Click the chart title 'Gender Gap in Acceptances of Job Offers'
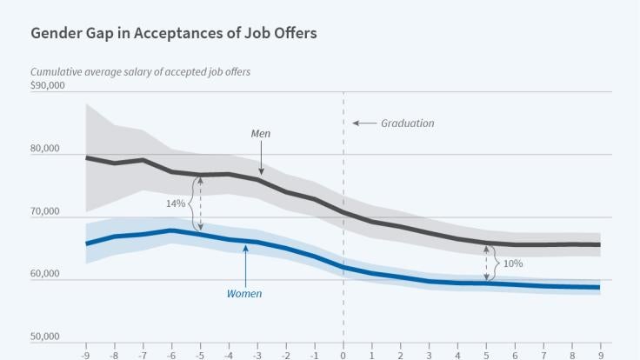(174, 33)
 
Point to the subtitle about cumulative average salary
(140, 71)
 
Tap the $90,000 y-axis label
(48, 85)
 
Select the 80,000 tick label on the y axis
(45, 149)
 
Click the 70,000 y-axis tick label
(45, 211)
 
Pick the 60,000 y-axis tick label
(45, 274)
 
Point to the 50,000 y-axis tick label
(45, 337)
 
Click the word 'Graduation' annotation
(407, 123)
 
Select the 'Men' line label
(260, 135)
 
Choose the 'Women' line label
(244, 294)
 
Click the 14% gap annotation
(176, 203)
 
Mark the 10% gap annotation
(513, 263)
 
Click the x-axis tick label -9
(85, 354)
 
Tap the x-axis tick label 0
(343, 354)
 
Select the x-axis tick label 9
(600, 354)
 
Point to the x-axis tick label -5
(200, 354)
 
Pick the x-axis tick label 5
(486, 354)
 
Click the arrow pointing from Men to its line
(260, 159)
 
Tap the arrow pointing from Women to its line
(246, 265)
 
